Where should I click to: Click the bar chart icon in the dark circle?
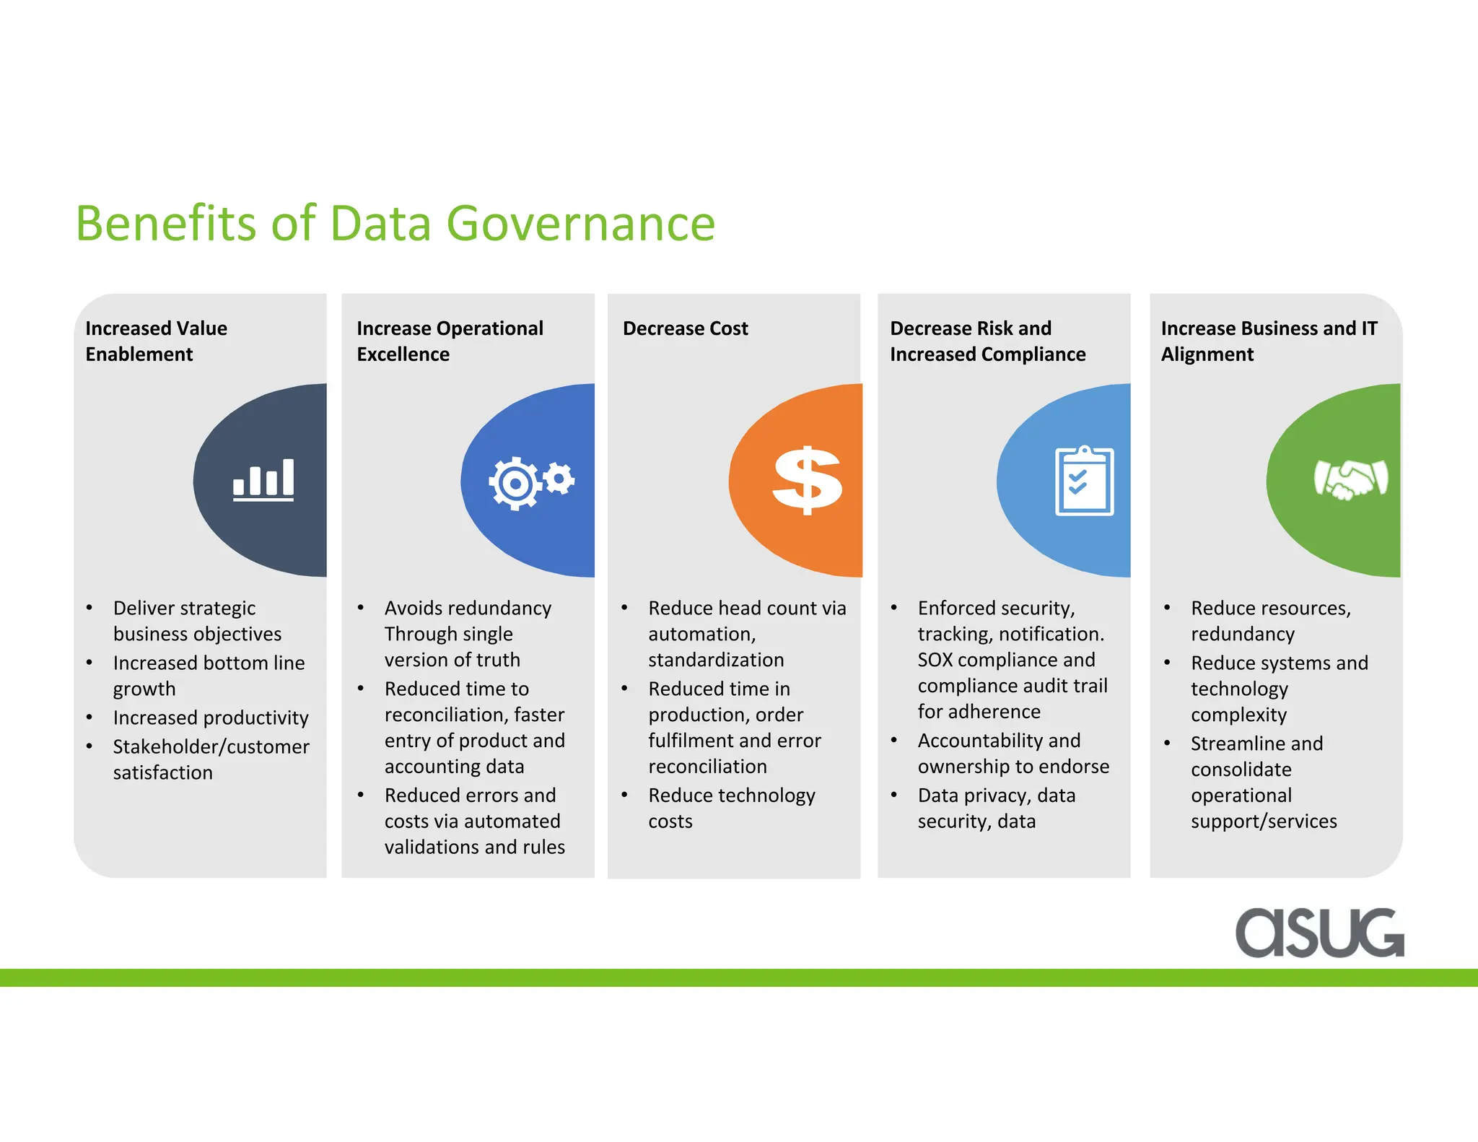[263, 479]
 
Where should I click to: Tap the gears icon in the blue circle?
[530, 481]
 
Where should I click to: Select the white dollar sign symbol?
[807, 480]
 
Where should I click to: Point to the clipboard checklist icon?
[1084, 481]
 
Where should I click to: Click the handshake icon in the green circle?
[1350, 479]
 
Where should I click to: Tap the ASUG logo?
[1319, 933]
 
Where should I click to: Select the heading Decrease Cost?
[685, 328]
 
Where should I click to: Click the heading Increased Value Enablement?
[156, 341]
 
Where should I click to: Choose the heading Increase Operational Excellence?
[449, 341]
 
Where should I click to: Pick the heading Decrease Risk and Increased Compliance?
[987, 341]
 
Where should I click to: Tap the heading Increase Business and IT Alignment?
[1268, 341]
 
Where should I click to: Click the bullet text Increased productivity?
[210, 718]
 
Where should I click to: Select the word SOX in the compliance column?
[935, 660]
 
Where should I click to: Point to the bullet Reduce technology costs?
[731, 808]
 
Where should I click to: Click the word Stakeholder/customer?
[211, 746]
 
